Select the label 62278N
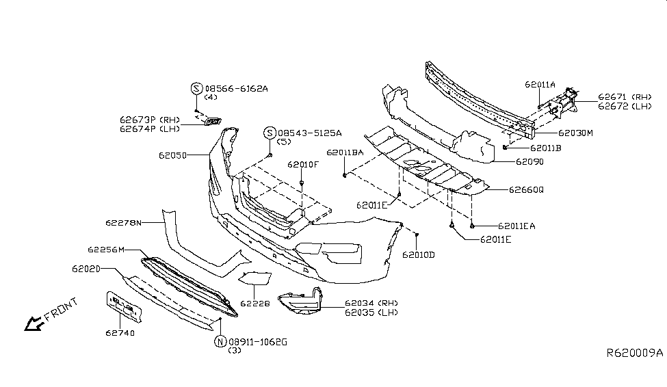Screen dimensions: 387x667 124,223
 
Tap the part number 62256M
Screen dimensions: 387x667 107,250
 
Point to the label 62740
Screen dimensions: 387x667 120,334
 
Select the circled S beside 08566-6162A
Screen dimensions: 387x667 196,88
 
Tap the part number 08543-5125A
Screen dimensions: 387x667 309,133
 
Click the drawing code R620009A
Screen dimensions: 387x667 635,353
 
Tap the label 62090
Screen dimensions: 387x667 529,162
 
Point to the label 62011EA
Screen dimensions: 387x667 516,226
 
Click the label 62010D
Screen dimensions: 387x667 419,254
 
